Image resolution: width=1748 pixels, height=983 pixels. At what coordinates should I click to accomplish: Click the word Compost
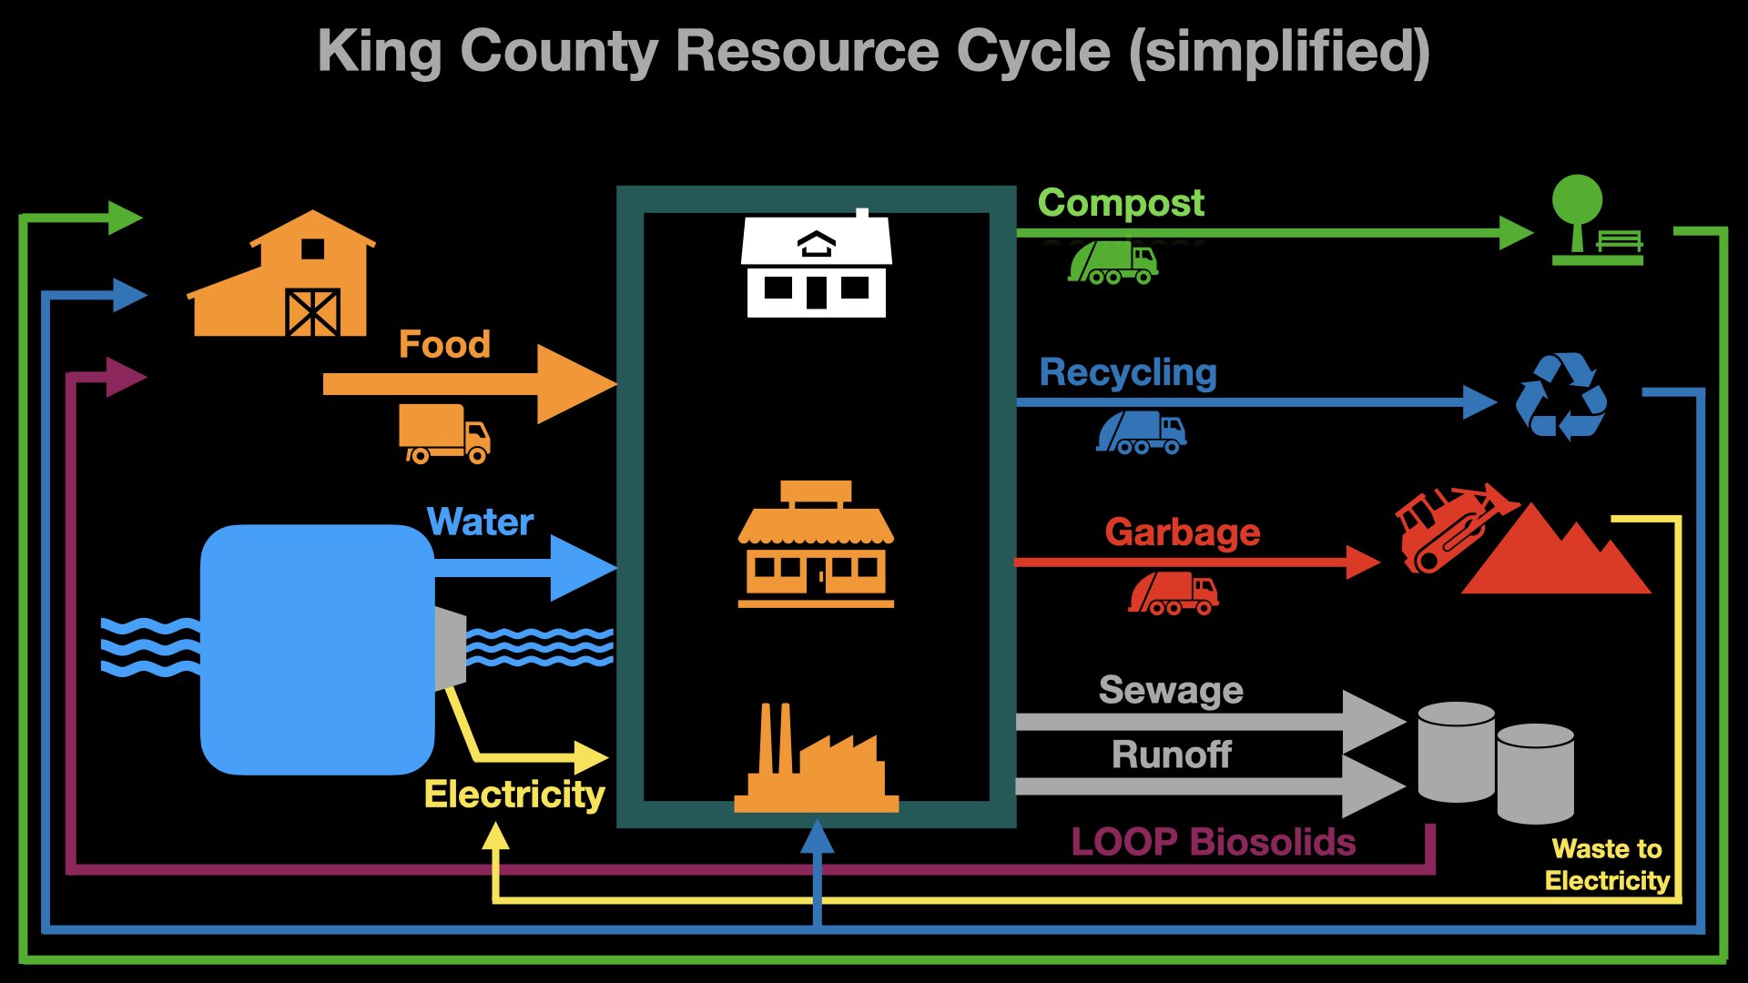tap(1121, 203)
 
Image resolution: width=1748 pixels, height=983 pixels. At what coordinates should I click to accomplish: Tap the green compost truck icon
tap(1113, 263)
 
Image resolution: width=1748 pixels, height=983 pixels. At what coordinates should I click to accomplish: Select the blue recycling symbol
tap(1560, 397)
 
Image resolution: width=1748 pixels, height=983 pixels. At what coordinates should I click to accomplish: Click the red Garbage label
tap(1182, 532)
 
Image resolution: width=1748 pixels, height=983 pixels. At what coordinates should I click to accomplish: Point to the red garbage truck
tap(1173, 593)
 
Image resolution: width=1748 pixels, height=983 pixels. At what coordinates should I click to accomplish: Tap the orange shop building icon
tap(816, 545)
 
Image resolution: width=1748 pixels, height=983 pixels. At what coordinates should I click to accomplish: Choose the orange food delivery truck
tap(443, 434)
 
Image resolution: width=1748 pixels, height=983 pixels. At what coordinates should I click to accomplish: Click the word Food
tap(444, 345)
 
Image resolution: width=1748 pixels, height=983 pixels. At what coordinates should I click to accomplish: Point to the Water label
tap(480, 522)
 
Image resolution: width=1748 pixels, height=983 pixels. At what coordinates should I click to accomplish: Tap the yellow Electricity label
tap(514, 795)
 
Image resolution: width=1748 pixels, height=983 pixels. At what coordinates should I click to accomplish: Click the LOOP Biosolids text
tap(1213, 842)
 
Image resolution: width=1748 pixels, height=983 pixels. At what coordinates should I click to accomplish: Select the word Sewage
tap(1171, 690)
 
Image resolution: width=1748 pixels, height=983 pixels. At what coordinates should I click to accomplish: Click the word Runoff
tap(1172, 755)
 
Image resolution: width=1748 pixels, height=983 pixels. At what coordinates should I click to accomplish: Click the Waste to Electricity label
tap(1607, 865)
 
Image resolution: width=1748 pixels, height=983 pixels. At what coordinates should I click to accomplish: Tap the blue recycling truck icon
tap(1141, 432)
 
